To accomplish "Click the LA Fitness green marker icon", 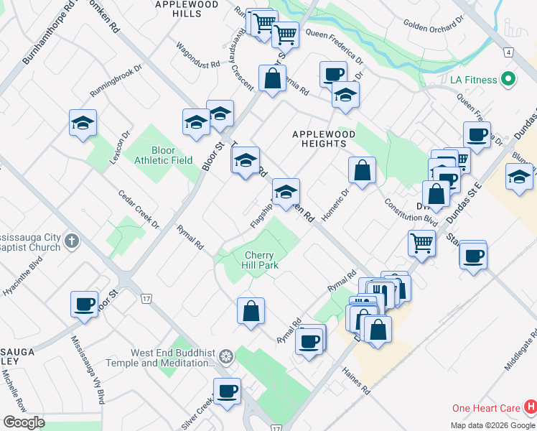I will point(509,78).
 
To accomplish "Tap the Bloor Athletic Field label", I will point(163,155).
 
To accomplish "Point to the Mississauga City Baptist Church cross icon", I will point(71,241).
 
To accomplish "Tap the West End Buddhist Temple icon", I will point(226,357).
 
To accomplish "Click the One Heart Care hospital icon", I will point(531,408).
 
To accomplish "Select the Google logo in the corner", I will point(24,422).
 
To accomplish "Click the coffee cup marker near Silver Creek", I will point(228,391).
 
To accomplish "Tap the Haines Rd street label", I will point(355,381).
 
